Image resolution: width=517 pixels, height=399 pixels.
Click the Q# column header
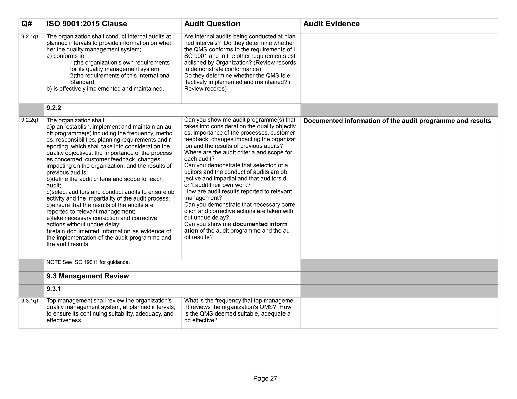click(27, 24)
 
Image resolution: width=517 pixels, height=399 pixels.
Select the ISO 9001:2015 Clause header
click(87, 24)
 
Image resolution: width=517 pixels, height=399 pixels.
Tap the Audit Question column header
click(212, 24)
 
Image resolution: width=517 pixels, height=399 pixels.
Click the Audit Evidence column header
click(331, 24)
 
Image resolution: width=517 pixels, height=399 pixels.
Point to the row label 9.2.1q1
click(30, 37)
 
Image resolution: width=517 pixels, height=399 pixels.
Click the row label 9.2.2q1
click(30, 120)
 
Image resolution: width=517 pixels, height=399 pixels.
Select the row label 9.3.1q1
click(30, 301)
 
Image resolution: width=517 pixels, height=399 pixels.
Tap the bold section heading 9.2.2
click(54, 108)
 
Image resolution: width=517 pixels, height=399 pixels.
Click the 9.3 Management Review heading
click(88, 276)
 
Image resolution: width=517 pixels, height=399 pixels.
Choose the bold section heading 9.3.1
click(54, 289)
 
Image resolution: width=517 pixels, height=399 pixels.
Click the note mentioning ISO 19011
click(88, 262)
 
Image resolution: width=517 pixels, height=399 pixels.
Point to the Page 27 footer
click(265, 378)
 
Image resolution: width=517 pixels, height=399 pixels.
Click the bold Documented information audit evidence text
click(397, 121)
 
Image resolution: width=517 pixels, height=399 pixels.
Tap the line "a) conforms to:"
click(66, 56)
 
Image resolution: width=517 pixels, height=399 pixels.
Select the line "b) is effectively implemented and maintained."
click(105, 89)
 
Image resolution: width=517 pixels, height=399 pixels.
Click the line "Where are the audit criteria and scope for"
click(238, 153)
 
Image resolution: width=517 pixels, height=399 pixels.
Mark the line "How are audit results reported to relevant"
click(238, 192)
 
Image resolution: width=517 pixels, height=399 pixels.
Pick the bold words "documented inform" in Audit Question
click(260, 224)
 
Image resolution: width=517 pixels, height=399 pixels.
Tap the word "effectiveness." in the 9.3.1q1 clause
click(64, 320)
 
